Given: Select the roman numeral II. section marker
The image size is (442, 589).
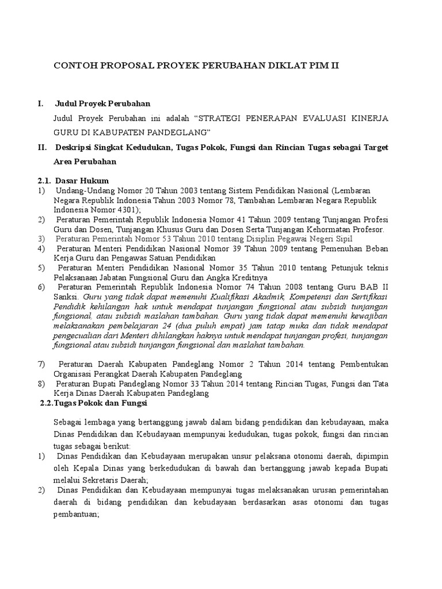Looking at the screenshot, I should point(42,148).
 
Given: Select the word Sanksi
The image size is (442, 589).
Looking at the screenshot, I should point(66,297).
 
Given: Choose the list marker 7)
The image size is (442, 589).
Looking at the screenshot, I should point(41,365).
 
